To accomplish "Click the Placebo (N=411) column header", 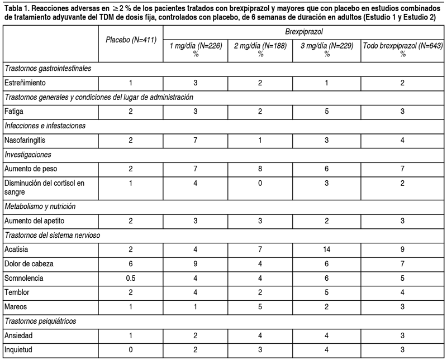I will [131, 41].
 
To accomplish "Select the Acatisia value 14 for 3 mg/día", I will [326, 248].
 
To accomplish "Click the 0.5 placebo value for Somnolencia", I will [131, 277].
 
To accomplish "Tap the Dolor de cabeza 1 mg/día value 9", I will [196, 263].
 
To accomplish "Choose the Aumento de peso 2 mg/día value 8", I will [261, 169].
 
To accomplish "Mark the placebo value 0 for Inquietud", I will [131, 349].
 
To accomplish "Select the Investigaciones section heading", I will [28, 154].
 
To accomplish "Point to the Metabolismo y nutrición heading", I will [40, 206].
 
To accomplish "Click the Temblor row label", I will [17, 292].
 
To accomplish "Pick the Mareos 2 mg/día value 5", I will [261, 306].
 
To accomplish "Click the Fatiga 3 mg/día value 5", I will [326, 111].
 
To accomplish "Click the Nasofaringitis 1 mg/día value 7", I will [196, 140].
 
